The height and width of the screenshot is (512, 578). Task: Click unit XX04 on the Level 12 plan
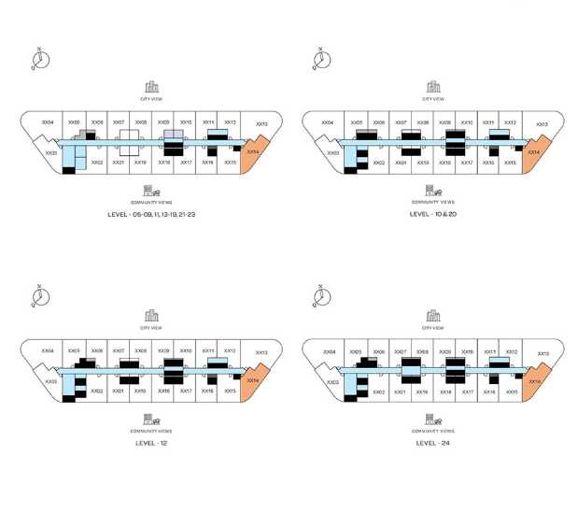coord(48,351)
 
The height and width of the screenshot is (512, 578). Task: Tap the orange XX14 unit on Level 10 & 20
coord(533,151)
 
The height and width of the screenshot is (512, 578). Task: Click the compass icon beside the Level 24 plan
coord(321,297)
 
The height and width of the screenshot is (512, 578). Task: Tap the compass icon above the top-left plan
coord(39,60)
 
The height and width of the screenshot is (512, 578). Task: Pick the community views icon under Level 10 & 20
coord(432,190)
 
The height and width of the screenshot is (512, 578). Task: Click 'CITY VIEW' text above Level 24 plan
coord(432,328)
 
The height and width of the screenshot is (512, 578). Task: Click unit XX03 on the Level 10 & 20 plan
coord(332,152)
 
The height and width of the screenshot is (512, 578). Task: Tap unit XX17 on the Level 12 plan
coord(186,391)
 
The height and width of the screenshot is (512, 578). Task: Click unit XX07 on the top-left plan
coord(118,122)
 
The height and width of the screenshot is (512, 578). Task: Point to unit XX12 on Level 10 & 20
coord(510,122)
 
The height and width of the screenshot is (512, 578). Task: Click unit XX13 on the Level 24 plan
coord(543,353)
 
